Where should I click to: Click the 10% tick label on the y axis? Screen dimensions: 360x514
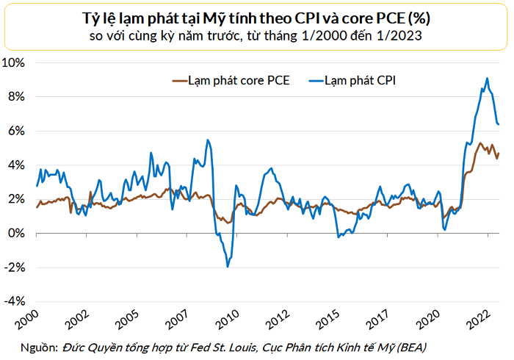[15, 62]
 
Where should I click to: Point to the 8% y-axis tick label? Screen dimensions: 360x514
[18, 97]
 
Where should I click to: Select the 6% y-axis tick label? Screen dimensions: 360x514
[18, 131]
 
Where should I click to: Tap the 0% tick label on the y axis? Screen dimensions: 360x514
[18, 234]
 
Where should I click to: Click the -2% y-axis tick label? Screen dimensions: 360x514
[16, 268]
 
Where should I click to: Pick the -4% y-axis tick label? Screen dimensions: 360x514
[16, 302]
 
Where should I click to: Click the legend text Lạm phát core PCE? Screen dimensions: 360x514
[239, 81]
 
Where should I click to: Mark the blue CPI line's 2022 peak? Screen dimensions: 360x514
[487, 79]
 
